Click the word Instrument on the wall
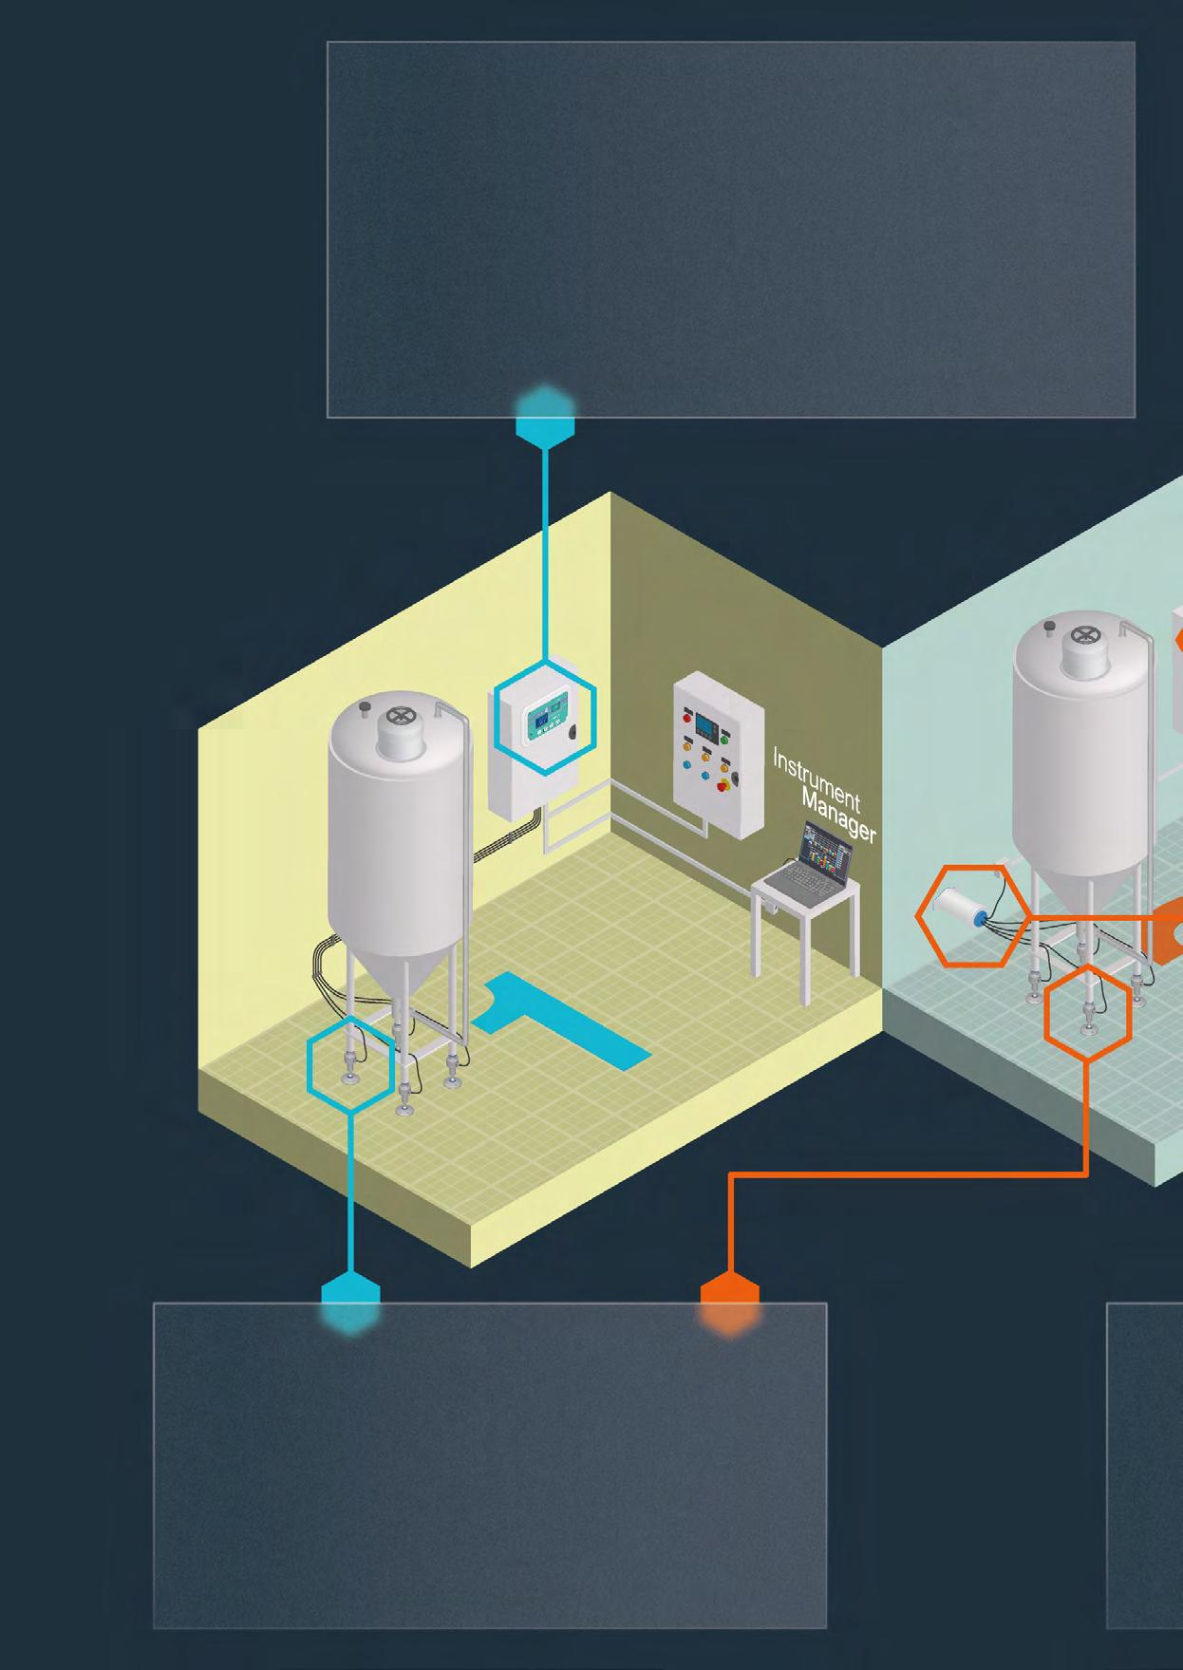[x=816, y=779]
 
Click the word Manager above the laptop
[x=839, y=815]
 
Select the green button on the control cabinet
[x=726, y=738]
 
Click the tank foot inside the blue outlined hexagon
[x=350, y=1073]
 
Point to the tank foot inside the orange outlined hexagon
[x=1088, y=1022]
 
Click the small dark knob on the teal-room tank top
[x=1049, y=627]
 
